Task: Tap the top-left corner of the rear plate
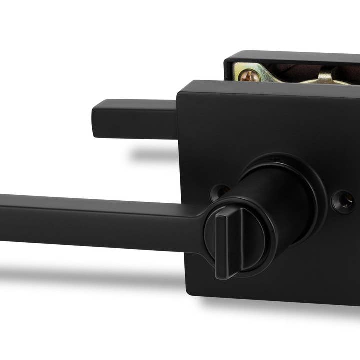tap(228, 56)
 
